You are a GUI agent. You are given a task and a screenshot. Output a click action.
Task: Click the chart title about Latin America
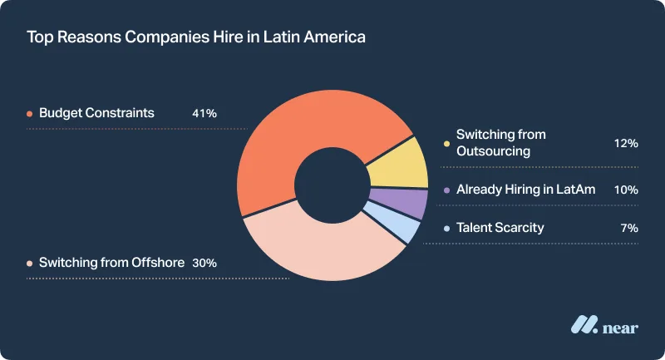[x=196, y=37]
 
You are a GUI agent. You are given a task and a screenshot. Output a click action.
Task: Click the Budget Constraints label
[x=96, y=113]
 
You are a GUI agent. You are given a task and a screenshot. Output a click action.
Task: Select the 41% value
[x=204, y=113]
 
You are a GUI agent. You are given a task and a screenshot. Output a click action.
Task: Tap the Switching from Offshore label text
[x=111, y=263]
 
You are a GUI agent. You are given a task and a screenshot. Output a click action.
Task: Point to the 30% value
[x=204, y=263]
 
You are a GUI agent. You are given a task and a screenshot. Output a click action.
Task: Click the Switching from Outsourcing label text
[x=500, y=143]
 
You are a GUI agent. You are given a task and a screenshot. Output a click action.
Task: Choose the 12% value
[x=625, y=143]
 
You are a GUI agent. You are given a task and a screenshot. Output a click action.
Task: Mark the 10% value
[x=625, y=190]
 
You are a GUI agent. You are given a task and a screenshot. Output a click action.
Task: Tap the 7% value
[x=628, y=227]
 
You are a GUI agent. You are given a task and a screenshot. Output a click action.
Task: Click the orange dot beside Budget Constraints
[x=29, y=113]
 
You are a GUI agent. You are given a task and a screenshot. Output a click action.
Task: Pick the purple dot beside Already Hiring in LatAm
[x=446, y=190]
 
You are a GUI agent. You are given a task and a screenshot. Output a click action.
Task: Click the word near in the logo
[x=621, y=328]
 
